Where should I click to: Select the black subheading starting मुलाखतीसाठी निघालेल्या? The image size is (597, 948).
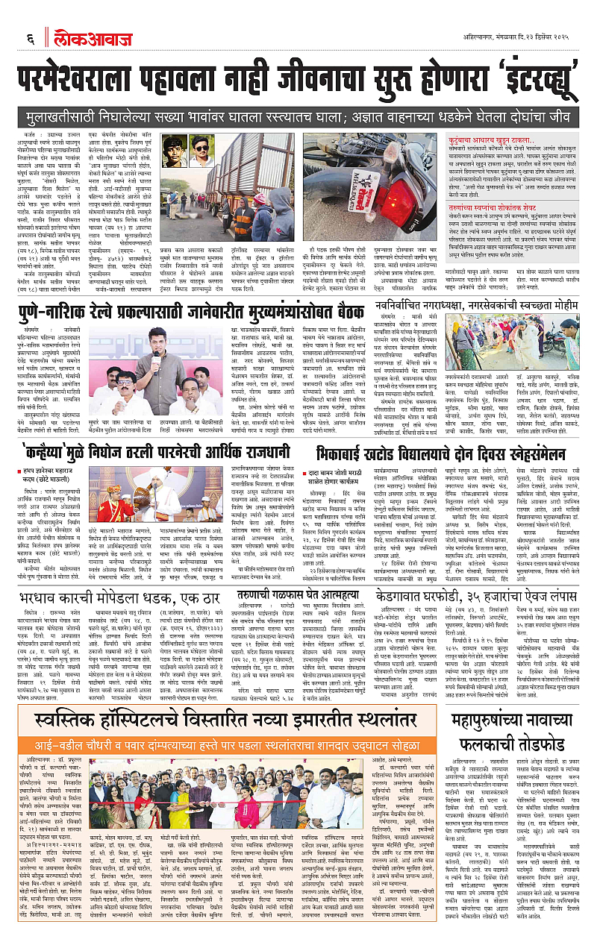pos(298,118)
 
